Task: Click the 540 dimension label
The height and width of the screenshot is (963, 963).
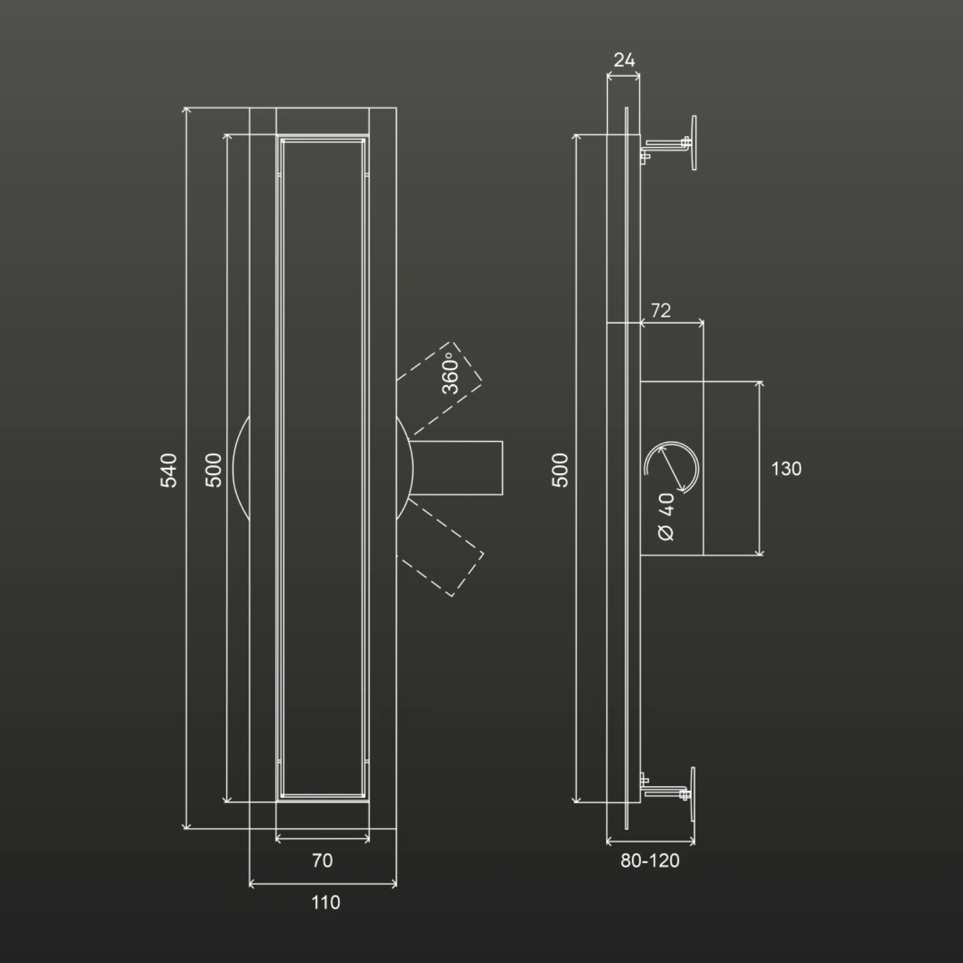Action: (168, 470)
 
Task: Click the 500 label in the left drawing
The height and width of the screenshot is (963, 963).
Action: (214, 470)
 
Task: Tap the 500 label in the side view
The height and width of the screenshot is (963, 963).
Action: (560, 470)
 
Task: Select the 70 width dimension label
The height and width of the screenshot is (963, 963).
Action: (322, 860)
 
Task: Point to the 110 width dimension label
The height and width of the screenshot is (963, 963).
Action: (325, 903)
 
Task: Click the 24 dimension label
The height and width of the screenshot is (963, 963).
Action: (624, 60)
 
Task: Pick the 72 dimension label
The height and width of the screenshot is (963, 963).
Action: (661, 311)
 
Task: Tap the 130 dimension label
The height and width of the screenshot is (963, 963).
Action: (786, 469)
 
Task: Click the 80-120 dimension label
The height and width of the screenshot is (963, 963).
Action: (650, 861)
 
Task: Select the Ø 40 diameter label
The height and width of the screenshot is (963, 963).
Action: (666, 517)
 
